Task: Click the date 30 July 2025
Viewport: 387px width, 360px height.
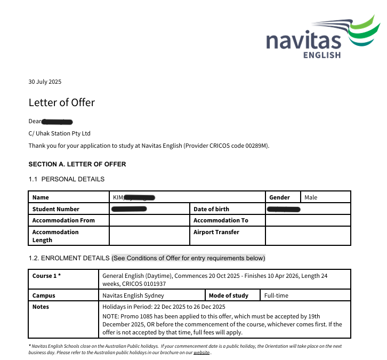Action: point(45,82)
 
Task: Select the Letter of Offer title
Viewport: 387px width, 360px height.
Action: point(61,102)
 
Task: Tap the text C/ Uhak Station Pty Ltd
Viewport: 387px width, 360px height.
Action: point(59,133)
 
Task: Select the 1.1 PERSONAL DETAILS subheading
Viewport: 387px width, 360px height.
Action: point(67,179)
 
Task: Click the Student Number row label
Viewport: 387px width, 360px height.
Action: point(55,209)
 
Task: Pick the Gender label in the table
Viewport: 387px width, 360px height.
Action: point(280,197)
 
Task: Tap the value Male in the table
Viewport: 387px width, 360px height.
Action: point(311,197)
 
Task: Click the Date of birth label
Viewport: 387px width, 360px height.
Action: point(211,209)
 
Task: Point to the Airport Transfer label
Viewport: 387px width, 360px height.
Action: point(216,232)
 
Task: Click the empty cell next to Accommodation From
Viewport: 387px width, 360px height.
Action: point(149,220)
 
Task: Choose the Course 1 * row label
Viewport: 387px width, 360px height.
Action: point(46,276)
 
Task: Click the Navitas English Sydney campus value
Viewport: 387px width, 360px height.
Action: point(133,295)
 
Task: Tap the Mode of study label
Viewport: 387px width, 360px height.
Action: point(228,295)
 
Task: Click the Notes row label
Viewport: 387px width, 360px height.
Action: point(41,307)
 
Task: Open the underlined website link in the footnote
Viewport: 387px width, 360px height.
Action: point(201,353)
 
